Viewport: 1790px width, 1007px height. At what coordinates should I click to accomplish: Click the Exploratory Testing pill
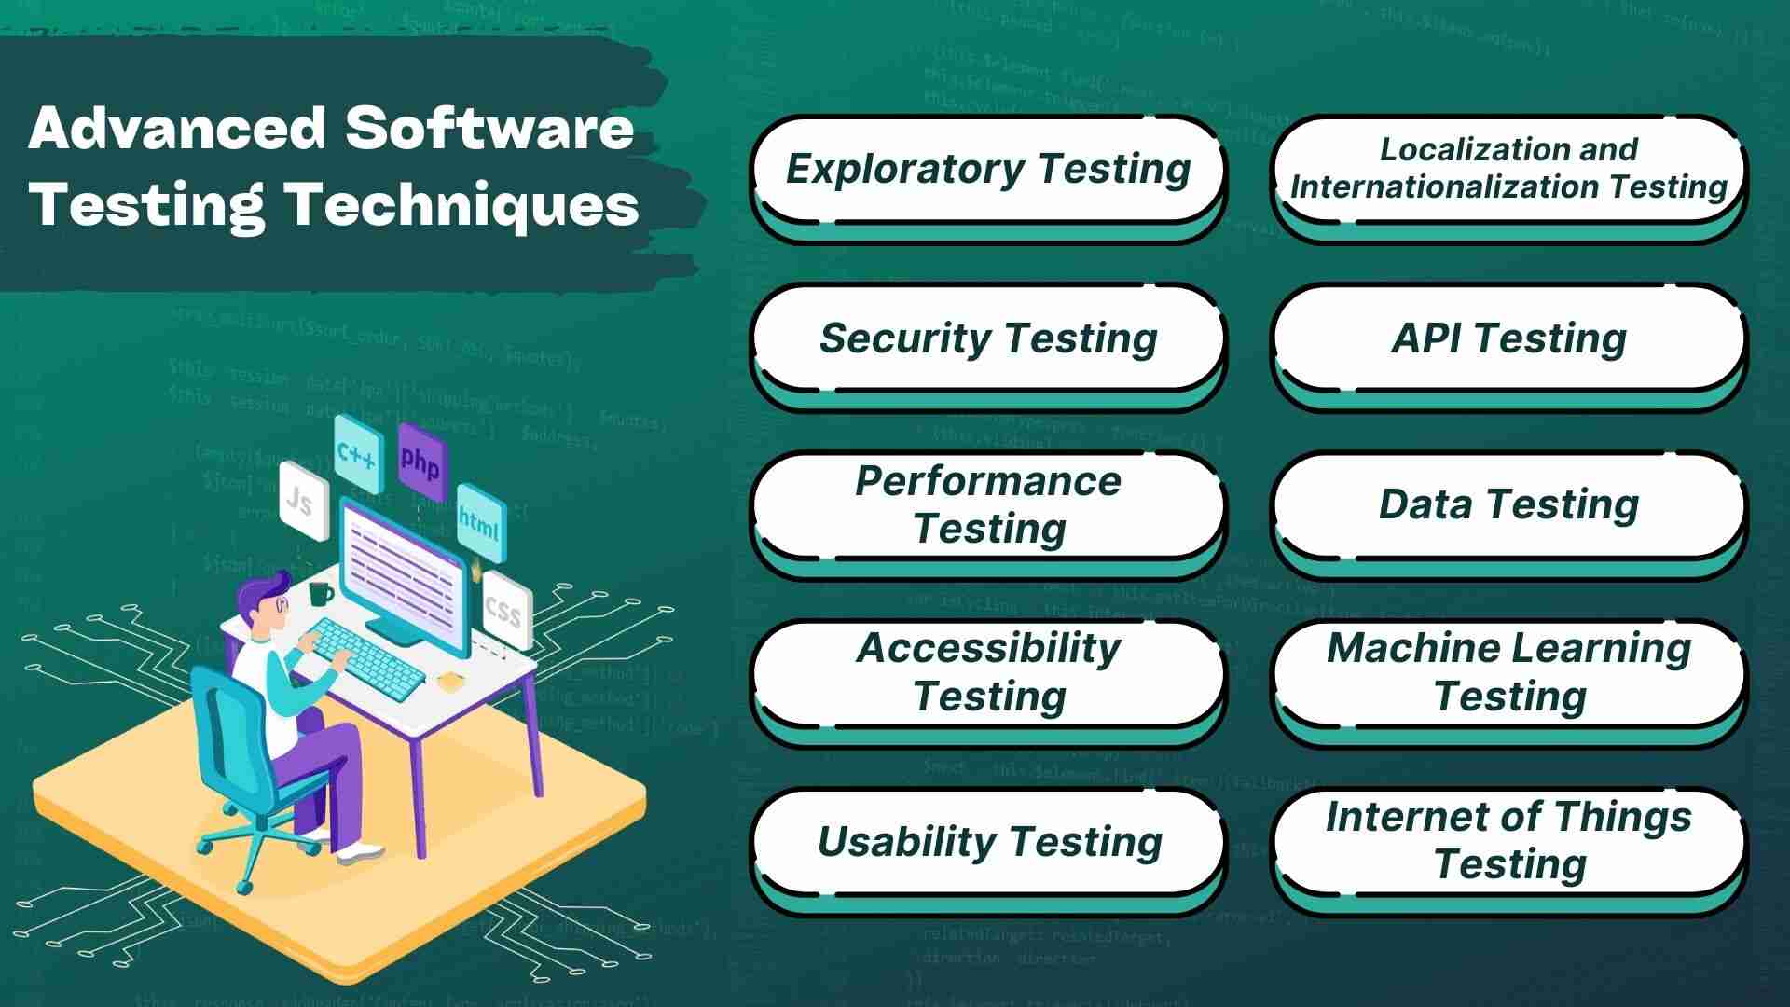[x=987, y=169]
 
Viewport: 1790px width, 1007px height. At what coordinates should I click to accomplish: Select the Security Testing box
[x=987, y=338]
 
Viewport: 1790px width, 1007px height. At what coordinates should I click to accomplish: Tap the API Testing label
[x=1508, y=338]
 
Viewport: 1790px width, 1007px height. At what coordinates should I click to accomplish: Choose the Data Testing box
[x=1508, y=504]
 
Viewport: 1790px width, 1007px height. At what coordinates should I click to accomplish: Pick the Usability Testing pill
[x=987, y=841]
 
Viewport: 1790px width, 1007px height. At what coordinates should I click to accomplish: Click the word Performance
[x=987, y=481]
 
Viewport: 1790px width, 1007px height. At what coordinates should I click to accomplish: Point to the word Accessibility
[x=988, y=648]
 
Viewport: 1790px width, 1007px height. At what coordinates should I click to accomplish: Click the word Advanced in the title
[x=177, y=128]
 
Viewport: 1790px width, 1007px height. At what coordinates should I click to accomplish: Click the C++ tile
[x=357, y=454]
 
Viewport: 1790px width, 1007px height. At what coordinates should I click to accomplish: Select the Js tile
[x=302, y=502]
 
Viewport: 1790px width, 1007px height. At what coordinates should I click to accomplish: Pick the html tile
[x=480, y=523]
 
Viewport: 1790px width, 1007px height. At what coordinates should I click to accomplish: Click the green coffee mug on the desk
[x=320, y=593]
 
